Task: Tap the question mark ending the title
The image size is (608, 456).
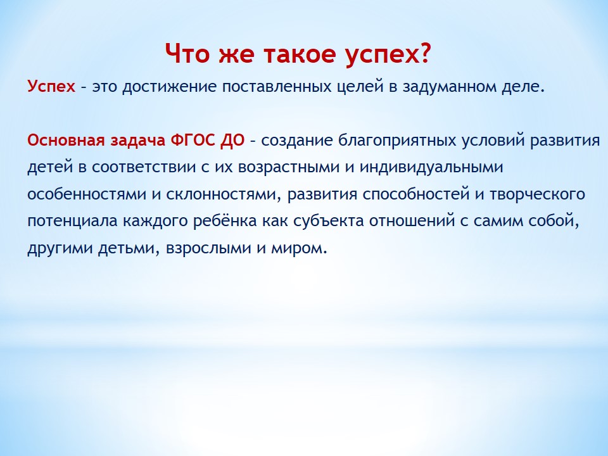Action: coord(425,53)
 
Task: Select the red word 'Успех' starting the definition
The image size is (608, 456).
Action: coord(51,87)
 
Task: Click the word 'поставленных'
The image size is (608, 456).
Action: coord(276,87)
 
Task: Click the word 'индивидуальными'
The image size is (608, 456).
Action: coord(431,167)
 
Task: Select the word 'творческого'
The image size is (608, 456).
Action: coord(537,194)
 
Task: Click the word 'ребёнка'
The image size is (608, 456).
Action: coord(225,221)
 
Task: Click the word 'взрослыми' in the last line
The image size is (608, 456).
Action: coord(208,248)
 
